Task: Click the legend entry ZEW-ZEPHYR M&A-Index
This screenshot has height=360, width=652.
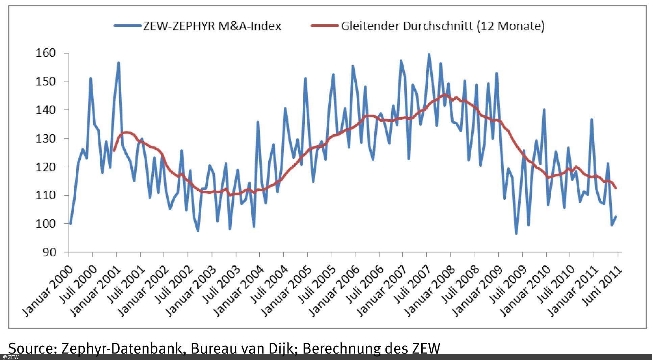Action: click(x=212, y=26)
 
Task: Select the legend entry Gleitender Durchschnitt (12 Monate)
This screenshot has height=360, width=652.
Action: click(x=443, y=26)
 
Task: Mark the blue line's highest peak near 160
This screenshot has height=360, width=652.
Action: click(x=429, y=54)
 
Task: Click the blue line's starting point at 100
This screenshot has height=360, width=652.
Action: click(x=70, y=223)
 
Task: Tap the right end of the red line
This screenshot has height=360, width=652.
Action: click(x=616, y=188)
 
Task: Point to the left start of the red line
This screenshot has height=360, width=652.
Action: click(x=114, y=150)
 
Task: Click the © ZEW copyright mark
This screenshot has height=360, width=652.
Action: click(x=11, y=357)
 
